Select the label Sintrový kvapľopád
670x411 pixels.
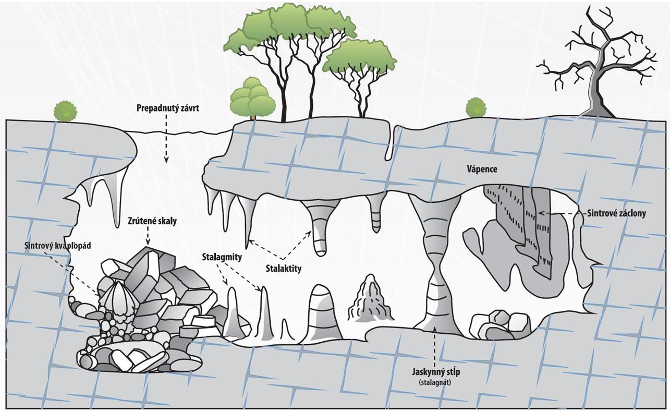coord(58,246)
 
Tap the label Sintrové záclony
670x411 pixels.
coord(616,213)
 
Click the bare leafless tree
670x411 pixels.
coord(597,63)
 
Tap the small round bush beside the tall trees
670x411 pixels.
coord(253,98)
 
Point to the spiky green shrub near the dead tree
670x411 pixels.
coord(476,108)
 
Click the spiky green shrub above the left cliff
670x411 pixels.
coord(66,111)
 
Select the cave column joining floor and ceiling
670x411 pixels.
coord(436,266)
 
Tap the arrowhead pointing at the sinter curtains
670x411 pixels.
coord(541,213)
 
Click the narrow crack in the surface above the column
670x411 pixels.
coord(389,141)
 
